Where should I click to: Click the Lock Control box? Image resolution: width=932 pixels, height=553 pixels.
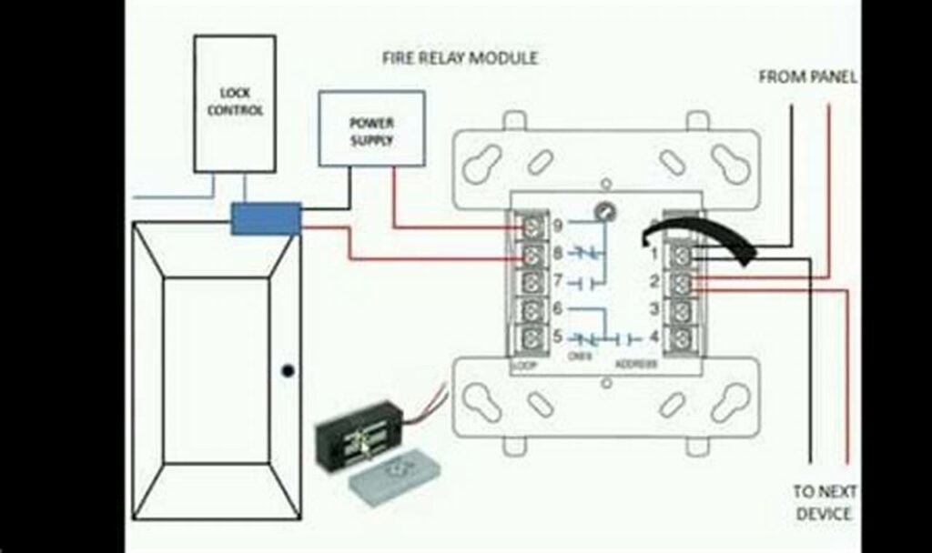(234, 103)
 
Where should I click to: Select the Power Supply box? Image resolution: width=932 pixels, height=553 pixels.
(371, 128)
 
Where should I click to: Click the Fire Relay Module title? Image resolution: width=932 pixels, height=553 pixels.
(460, 58)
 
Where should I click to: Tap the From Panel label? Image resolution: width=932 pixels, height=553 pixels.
(806, 77)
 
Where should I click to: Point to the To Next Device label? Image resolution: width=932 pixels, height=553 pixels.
(823, 502)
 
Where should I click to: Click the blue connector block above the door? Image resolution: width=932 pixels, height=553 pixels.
(266, 219)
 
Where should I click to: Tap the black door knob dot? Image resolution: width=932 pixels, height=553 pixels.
(288, 371)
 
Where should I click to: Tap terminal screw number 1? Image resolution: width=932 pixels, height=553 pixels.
(682, 251)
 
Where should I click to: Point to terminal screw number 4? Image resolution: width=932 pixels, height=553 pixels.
(682, 338)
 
